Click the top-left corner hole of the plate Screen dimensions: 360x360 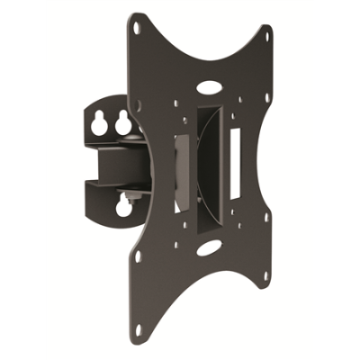click(x=136, y=28)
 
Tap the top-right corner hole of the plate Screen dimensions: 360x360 click(x=266, y=34)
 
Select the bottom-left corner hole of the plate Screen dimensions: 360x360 click(x=138, y=256)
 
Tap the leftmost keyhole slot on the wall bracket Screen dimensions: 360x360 click(x=97, y=120)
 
